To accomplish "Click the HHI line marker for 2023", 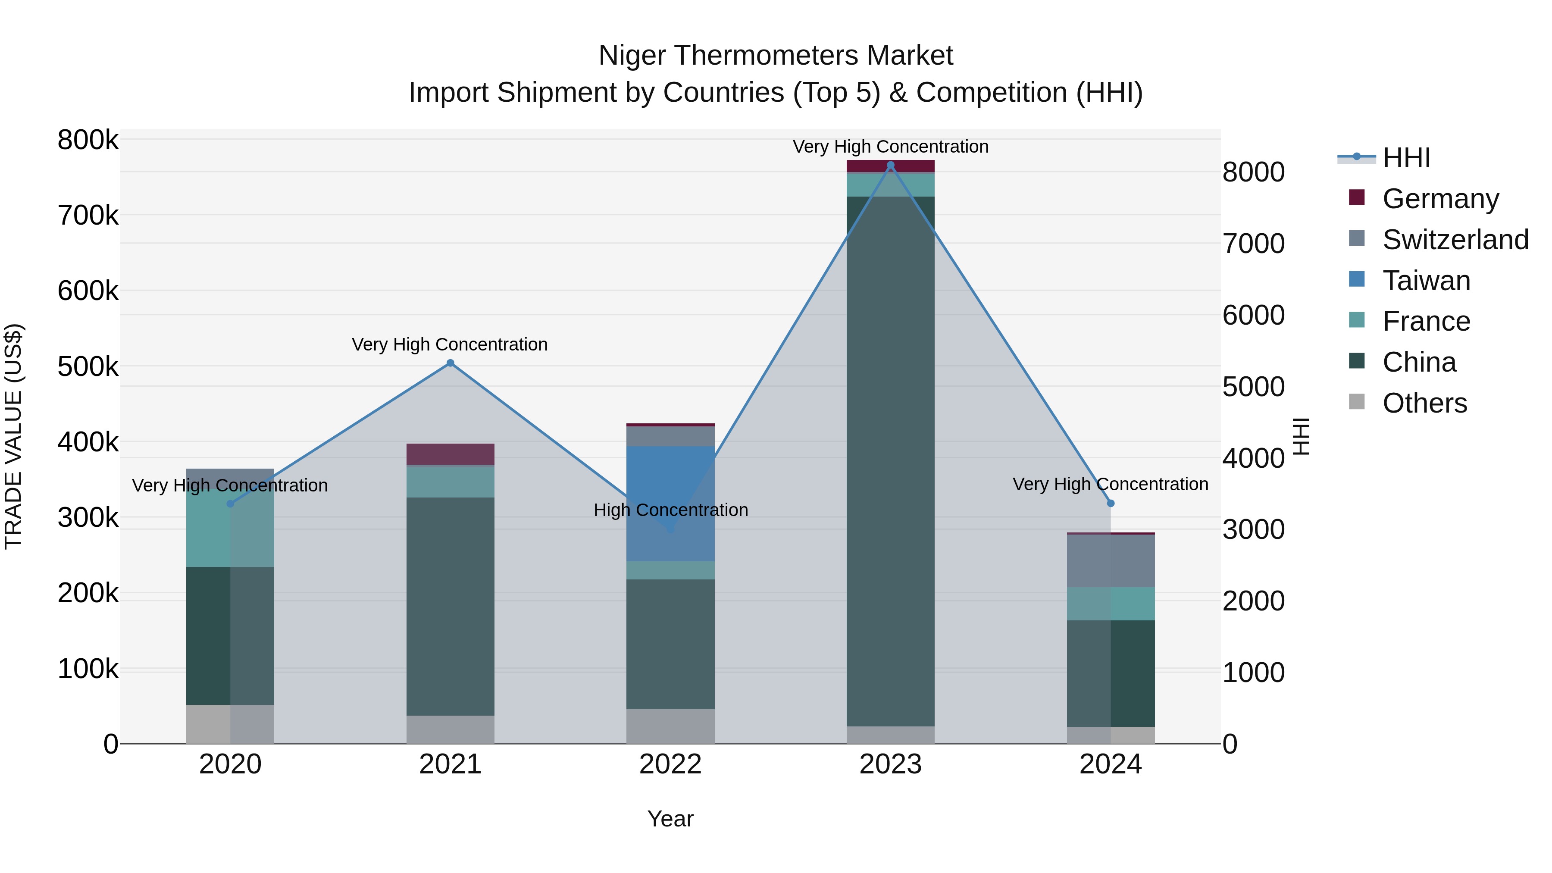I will (x=891, y=165).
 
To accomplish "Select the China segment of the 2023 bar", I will (x=891, y=461).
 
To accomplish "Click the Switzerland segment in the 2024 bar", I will (x=1111, y=560).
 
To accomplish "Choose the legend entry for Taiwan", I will (x=1426, y=281).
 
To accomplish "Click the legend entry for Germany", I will (x=1440, y=199).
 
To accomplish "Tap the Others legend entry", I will (x=1424, y=403).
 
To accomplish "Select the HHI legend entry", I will (x=1406, y=158).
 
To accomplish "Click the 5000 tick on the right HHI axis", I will (x=1253, y=387).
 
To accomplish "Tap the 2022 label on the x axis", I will (x=670, y=764).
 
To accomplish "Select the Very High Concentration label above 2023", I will (x=891, y=147).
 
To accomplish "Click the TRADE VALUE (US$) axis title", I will (x=13, y=436).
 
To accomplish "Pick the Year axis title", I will (x=670, y=820).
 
